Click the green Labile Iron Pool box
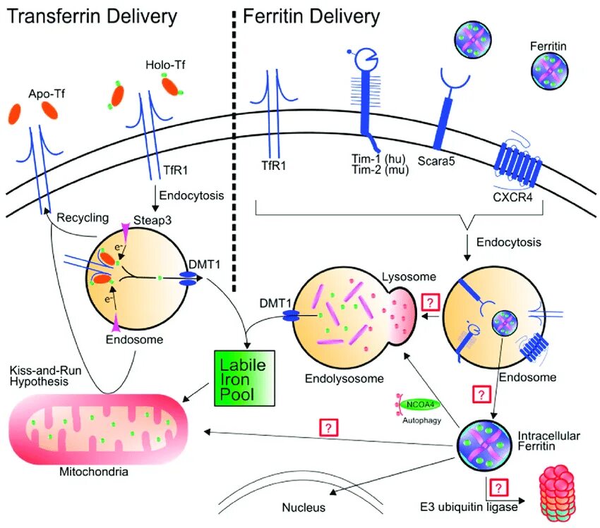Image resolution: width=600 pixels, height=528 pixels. [244, 378]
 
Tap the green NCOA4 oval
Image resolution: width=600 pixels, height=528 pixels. [420, 405]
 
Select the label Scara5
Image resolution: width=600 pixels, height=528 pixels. [436, 161]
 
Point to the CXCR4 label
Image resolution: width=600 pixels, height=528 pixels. [512, 197]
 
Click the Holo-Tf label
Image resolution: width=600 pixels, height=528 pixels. [165, 65]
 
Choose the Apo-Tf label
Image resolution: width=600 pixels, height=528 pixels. [47, 94]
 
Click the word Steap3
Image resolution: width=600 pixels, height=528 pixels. [152, 221]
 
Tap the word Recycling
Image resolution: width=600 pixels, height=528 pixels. [83, 218]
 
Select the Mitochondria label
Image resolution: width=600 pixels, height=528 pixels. [94, 472]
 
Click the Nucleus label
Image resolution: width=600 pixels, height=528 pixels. [304, 508]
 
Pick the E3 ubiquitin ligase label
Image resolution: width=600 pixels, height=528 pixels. [469, 507]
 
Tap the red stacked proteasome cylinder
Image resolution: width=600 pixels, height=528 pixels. [558, 493]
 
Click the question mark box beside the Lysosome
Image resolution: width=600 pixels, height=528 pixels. [431, 302]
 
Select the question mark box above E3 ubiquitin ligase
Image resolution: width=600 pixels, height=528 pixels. [498, 488]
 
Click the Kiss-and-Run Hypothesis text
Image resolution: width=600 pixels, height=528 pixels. [45, 376]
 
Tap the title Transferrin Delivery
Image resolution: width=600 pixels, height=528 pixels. [92, 16]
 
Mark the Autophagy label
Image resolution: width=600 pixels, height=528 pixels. [421, 420]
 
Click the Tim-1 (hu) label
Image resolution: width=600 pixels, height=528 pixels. [378, 158]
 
